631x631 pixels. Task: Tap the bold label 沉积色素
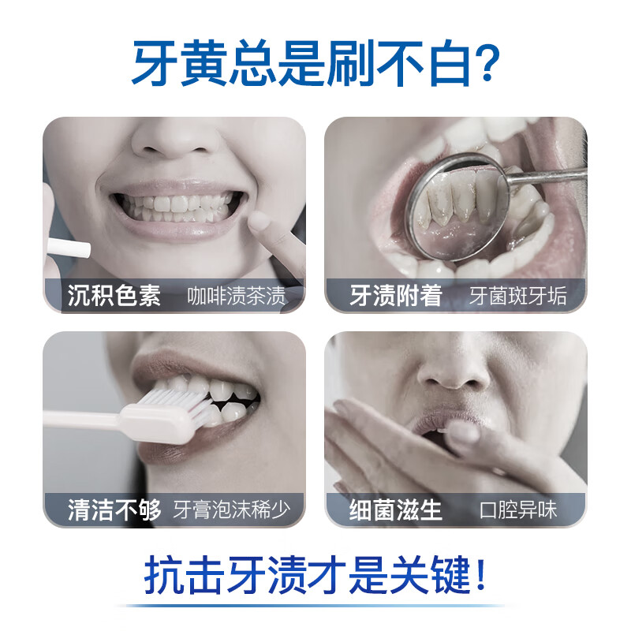(x=114, y=296)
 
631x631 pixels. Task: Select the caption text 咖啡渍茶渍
(x=237, y=297)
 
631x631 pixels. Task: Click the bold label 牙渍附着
(x=396, y=296)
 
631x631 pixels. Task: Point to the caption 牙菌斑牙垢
(x=517, y=297)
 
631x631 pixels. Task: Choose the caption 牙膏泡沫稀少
(x=232, y=510)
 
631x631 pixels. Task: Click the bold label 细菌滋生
(x=396, y=510)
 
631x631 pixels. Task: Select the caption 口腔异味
(x=518, y=510)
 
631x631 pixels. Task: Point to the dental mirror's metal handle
(x=552, y=175)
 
